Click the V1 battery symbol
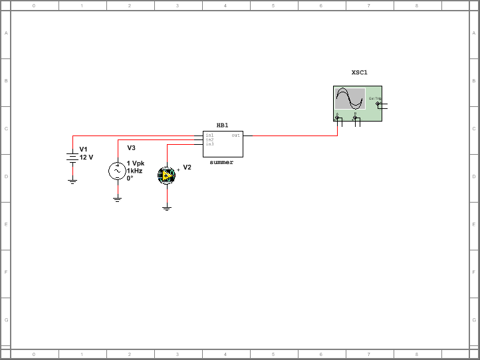(72, 158)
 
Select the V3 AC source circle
(117, 171)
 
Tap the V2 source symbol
(166, 175)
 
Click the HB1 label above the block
(222, 125)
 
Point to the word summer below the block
(221, 162)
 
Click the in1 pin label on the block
(209, 135)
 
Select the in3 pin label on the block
(209, 144)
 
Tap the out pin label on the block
(235, 135)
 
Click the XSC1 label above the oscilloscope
(359, 72)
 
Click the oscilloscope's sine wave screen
(350, 98)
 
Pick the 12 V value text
(86, 157)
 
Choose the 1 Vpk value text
(135, 163)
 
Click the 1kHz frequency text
(134, 171)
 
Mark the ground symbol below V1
(72, 181)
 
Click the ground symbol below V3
(117, 199)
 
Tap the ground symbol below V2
(166, 209)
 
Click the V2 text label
(187, 167)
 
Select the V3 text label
(131, 147)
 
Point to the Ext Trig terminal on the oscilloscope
(378, 104)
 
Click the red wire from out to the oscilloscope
(293, 135)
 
